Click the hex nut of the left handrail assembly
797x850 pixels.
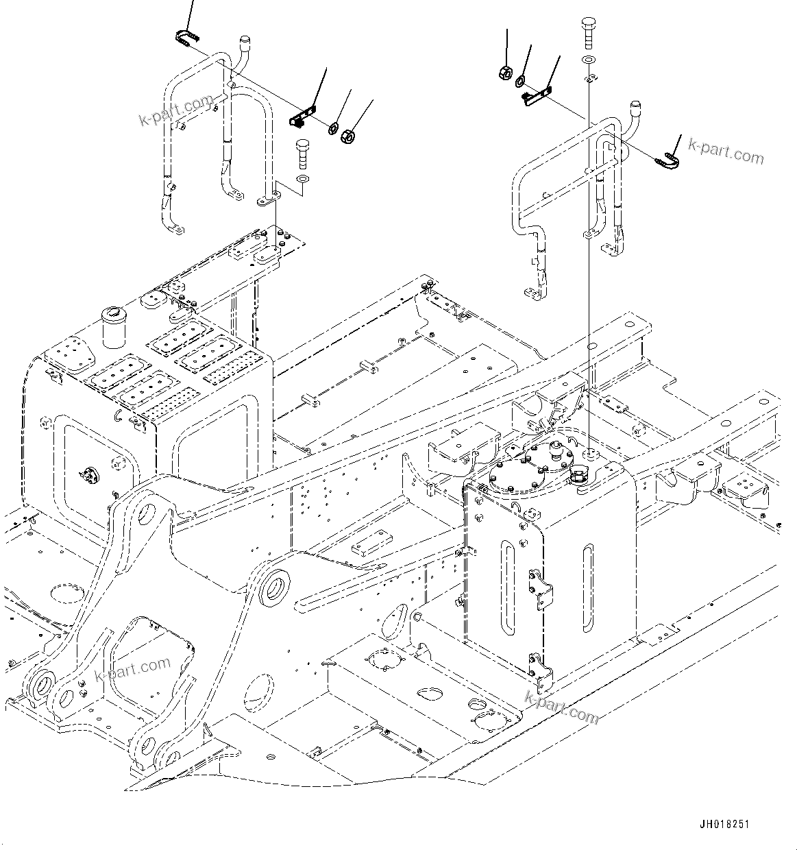point(347,136)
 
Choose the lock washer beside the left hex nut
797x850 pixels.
point(333,128)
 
